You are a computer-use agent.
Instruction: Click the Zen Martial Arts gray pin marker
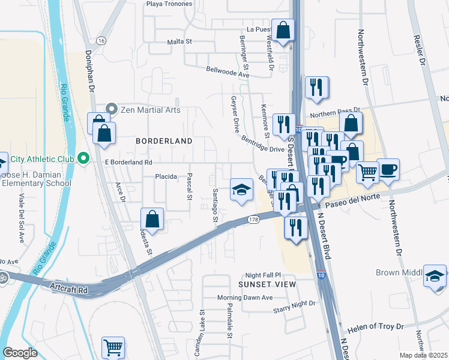(x=111, y=109)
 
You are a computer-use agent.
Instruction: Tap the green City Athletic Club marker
(x=83, y=160)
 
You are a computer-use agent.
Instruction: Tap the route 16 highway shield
(x=101, y=40)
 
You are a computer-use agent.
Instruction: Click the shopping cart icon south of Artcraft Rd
(x=113, y=346)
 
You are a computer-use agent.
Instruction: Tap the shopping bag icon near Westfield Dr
(x=283, y=29)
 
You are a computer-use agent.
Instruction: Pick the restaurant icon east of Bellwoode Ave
(x=316, y=87)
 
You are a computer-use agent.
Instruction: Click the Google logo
(x=20, y=352)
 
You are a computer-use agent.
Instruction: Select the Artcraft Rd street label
(x=69, y=290)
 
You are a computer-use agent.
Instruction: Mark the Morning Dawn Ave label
(x=244, y=298)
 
